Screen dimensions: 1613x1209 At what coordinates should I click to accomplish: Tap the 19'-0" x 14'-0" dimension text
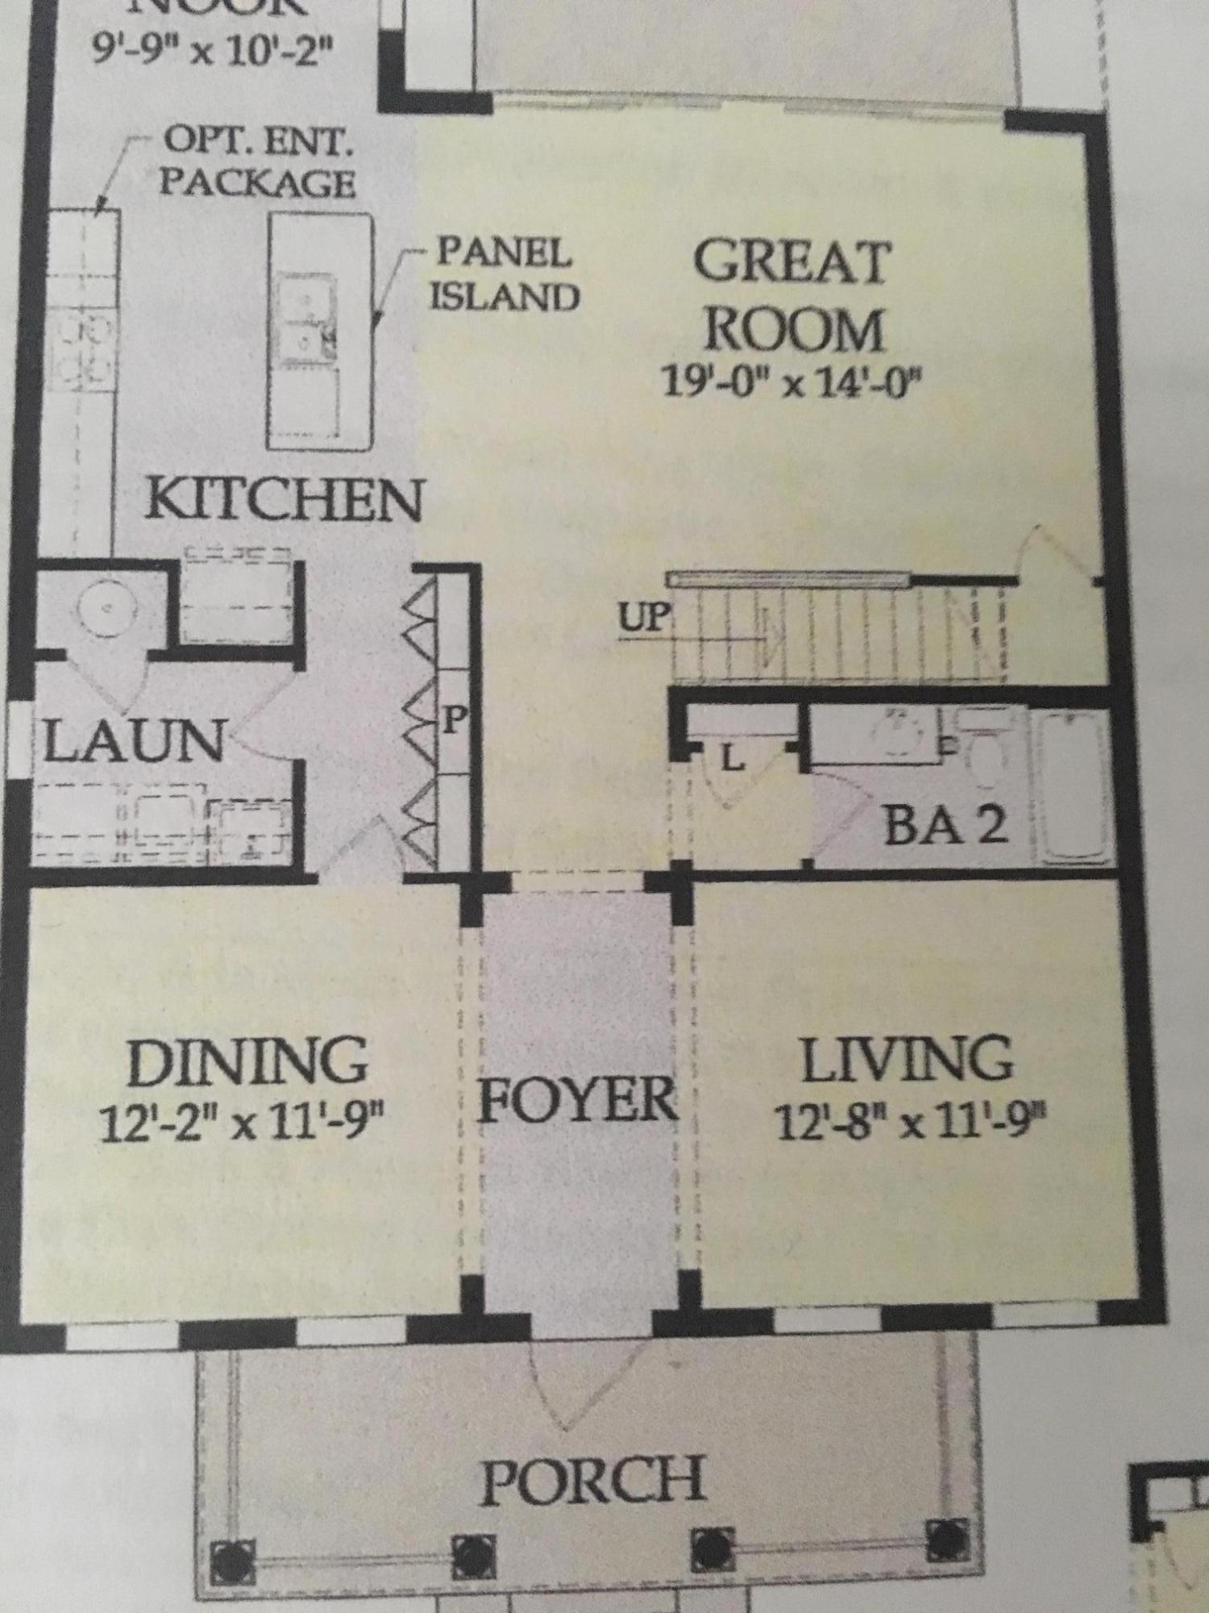(x=790, y=381)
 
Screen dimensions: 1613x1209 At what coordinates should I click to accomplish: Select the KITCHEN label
(x=285, y=500)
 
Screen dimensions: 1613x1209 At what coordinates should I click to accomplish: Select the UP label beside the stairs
(x=643, y=619)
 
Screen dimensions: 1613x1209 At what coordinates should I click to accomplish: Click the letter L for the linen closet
(x=730, y=759)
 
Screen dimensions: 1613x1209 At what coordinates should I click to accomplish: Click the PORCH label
(x=592, y=1480)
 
